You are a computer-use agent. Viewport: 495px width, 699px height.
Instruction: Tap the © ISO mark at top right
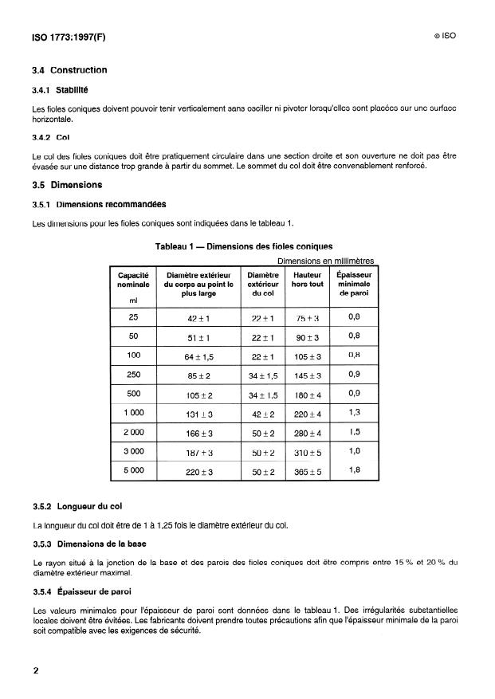click(x=445, y=37)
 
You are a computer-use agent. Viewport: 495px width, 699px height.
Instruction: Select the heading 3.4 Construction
click(x=69, y=70)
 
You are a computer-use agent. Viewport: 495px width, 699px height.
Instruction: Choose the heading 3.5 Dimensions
click(x=67, y=185)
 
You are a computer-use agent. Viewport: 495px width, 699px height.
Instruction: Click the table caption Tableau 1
click(x=243, y=246)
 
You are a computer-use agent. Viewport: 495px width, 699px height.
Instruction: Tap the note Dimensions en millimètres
click(x=325, y=261)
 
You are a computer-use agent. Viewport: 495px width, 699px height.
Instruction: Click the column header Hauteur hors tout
click(x=307, y=280)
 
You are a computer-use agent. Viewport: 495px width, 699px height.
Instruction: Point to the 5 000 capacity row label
click(x=133, y=470)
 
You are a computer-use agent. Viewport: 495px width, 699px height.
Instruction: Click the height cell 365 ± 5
click(x=307, y=471)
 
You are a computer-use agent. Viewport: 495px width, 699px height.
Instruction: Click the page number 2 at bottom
click(x=36, y=670)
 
